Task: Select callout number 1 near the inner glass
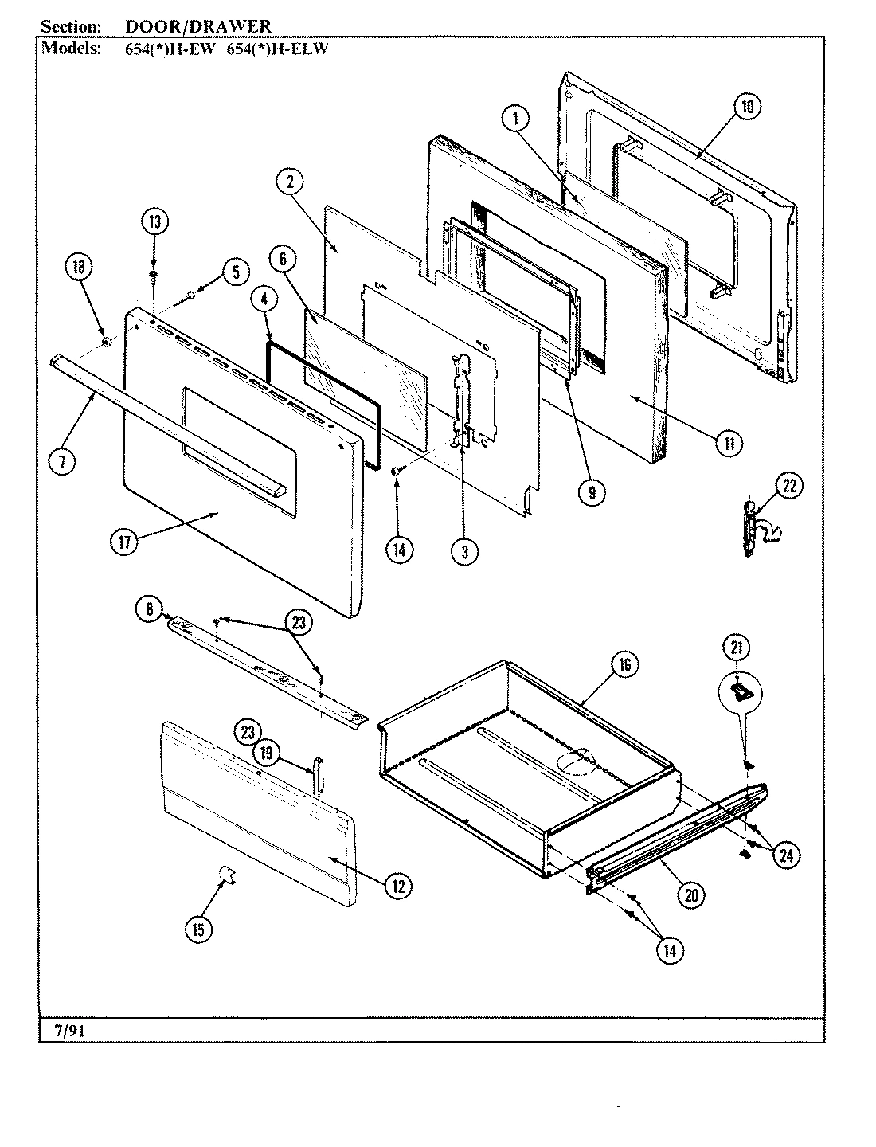pos(515,119)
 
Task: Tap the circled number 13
pos(154,222)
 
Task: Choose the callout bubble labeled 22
pos(788,485)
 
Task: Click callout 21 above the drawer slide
pos(737,648)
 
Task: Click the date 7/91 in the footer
pos(63,1032)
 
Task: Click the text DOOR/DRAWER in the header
pos(198,27)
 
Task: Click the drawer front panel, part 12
pos(255,820)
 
